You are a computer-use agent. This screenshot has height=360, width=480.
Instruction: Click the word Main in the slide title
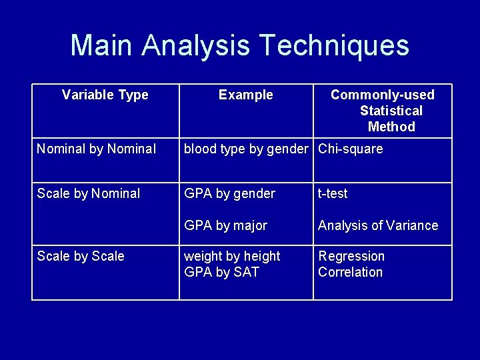tap(103, 45)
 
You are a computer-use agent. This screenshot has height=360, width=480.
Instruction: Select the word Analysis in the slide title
tap(197, 45)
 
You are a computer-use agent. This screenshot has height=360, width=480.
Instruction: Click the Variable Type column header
tap(105, 95)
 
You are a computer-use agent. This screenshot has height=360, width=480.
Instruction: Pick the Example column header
tap(246, 95)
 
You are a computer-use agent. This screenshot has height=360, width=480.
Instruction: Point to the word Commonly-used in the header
tap(382, 95)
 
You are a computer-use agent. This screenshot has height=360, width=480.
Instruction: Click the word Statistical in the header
tap(391, 111)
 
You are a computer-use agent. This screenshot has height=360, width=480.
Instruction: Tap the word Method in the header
tap(391, 127)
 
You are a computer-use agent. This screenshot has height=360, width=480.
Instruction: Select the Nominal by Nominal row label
tap(97, 149)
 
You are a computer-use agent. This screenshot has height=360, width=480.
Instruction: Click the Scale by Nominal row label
tap(89, 193)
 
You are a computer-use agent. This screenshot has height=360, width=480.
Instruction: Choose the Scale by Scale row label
tap(81, 256)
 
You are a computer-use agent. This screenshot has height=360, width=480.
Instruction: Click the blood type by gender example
tap(246, 149)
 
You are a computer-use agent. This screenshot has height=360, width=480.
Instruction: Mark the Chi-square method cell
tap(351, 149)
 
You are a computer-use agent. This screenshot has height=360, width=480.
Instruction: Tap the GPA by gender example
tap(229, 193)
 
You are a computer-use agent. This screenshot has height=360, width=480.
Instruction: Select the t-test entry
tap(333, 193)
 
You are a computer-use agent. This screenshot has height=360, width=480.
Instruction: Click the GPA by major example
tap(225, 225)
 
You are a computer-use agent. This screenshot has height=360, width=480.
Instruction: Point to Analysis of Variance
tap(378, 225)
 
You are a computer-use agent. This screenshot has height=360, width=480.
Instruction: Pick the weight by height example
tap(232, 256)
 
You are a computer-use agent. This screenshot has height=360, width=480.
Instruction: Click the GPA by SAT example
tap(221, 272)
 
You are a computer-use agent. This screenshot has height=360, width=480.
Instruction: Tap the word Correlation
tap(350, 272)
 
